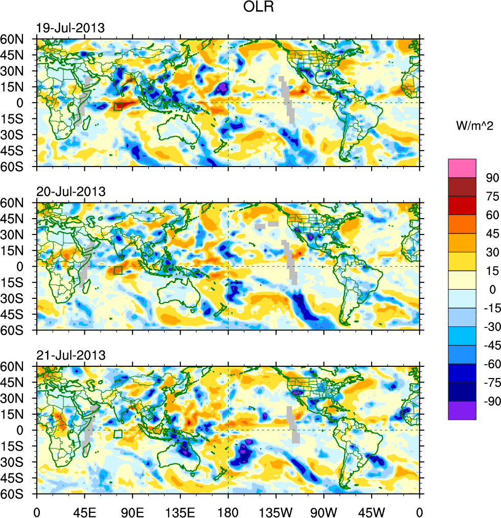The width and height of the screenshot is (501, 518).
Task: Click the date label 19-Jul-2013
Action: point(71,28)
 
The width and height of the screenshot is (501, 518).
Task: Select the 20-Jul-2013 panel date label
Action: point(71,192)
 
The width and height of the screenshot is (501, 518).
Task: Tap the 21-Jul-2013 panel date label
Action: point(71,355)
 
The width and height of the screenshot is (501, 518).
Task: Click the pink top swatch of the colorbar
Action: point(462,168)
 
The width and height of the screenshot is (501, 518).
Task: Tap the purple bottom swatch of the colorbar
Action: point(462,410)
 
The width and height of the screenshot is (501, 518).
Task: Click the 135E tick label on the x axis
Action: point(180,511)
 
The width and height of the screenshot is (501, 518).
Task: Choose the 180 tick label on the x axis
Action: point(228,511)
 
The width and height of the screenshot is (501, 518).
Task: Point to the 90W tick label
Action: point(324,511)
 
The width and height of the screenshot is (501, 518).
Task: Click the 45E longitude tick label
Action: point(84,511)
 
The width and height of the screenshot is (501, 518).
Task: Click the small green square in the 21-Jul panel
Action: point(118,434)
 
